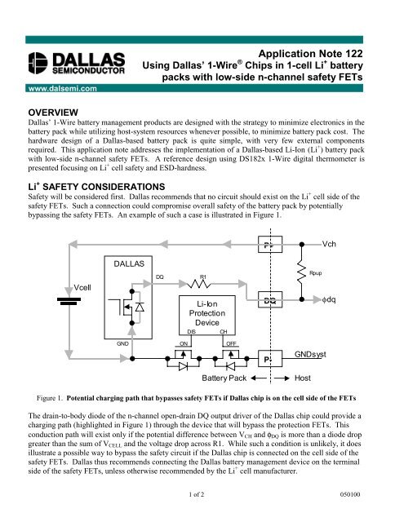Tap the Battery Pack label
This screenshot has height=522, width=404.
[x=224, y=401]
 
